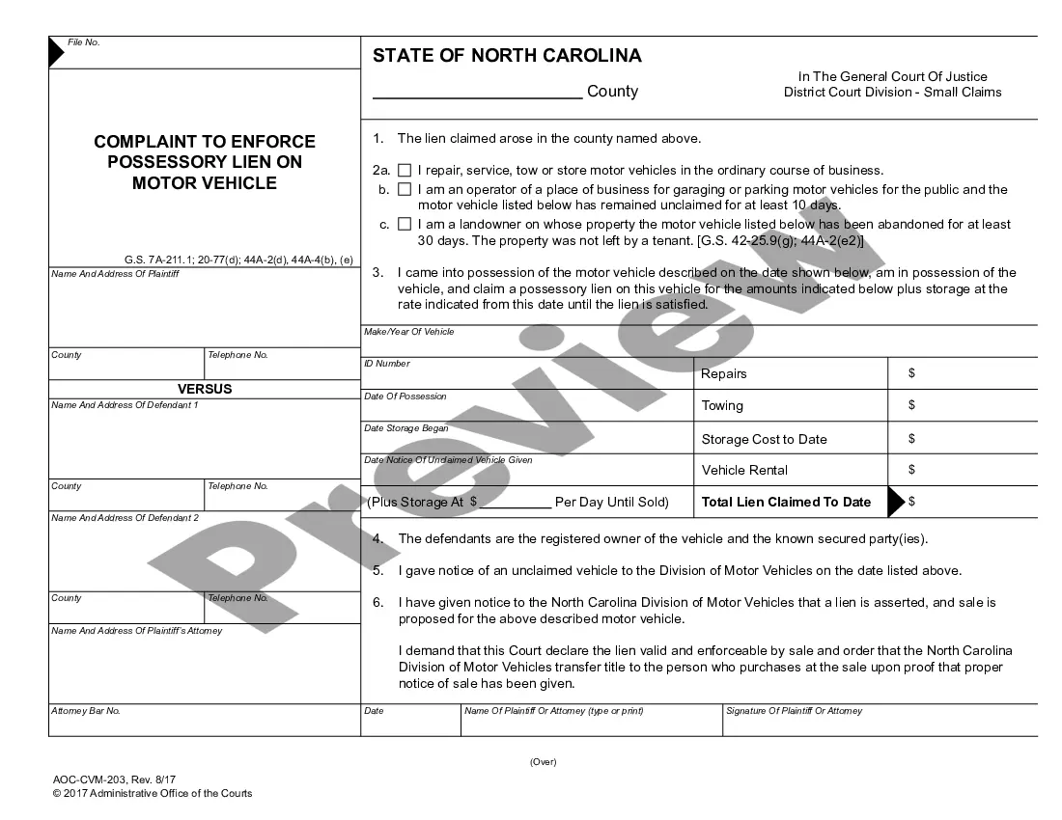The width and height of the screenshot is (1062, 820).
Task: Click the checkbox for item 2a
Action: [x=405, y=171]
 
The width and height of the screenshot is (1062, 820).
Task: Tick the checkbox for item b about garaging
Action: [x=405, y=190]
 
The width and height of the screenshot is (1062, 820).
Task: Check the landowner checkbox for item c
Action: [x=405, y=225]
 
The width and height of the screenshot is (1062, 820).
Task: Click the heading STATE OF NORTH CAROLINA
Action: [x=507, y=56]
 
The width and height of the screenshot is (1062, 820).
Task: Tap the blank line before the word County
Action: [x=477, y=92]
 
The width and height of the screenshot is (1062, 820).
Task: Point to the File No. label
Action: [x=83, y=42]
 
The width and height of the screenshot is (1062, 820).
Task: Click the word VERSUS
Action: [x=205, y=389]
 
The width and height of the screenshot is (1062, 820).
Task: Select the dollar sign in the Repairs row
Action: [x=911, y=373]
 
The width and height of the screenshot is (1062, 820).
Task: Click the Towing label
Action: [x=722, y=406]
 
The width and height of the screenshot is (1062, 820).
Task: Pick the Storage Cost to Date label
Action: [x=764, y=439]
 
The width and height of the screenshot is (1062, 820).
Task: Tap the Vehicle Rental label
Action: [x=744, y=470]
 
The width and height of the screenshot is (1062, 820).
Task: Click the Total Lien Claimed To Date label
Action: [x=786, y=502]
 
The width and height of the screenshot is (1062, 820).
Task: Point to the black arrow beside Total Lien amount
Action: [x=895, y=502]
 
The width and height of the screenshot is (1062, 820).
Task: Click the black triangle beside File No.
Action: [x=56, y=53]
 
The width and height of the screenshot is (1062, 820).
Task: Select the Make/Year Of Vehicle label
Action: [x=408, y=332]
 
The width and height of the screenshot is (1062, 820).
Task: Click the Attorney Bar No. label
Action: [x=85, y=711]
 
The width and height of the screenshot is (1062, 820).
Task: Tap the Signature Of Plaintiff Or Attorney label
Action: [x=794, y=711]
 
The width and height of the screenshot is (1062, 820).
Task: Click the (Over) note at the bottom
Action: [x=543, y=762]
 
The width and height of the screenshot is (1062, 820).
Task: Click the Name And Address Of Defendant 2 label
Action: [x=125, y=518]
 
